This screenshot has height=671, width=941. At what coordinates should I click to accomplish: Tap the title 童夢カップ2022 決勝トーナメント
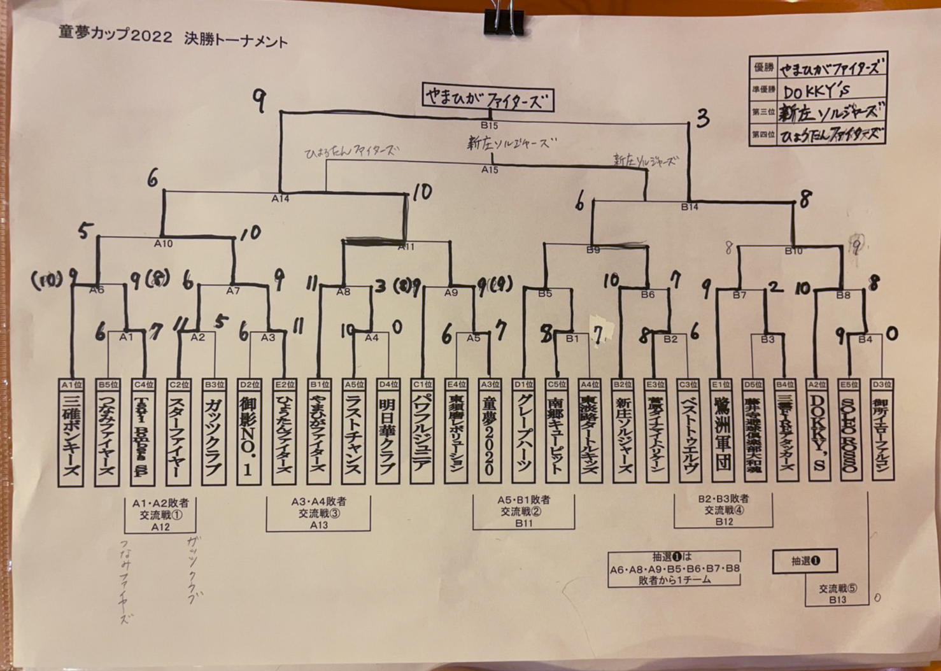[x=173, y=38]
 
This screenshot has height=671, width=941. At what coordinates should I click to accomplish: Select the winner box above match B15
[x=488, y=99]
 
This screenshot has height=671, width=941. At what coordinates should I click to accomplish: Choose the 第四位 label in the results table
[x=763, y=134]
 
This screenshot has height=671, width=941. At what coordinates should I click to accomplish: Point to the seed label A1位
[x=71, y=385]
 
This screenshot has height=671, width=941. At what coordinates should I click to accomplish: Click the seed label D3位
[x=882, y=385]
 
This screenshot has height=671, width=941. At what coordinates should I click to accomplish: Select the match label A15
[x=489, y=170]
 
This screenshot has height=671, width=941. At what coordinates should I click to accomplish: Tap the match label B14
[x=690, y=207]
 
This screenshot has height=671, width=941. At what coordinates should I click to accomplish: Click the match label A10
[x=163, y=243]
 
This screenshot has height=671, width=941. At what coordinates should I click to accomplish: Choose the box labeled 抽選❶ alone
[x=805, y=561]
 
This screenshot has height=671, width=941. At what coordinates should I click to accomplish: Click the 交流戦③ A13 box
[x=318, y=512]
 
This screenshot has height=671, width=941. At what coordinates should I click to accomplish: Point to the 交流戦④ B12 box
[x=724, y=510]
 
